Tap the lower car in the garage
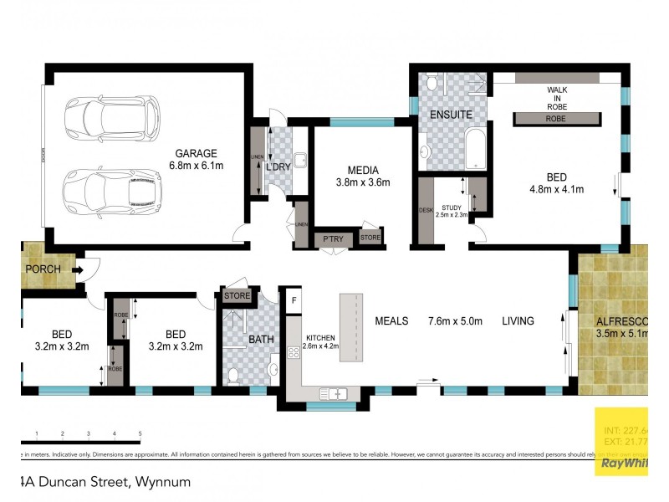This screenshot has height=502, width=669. click(110, 191)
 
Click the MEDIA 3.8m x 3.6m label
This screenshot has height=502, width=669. click(364, 176)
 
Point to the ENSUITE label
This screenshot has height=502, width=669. click(451, 114)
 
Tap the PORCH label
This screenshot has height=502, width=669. click(43, 269)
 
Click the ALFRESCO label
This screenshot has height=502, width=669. click(618, 321)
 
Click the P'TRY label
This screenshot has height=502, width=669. click(332, 239)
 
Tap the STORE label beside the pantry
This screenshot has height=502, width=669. click(370, 238)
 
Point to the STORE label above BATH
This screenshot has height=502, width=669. click(237, 295)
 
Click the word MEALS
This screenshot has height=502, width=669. click(391, 321)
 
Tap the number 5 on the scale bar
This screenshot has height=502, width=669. click(140, 433)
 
